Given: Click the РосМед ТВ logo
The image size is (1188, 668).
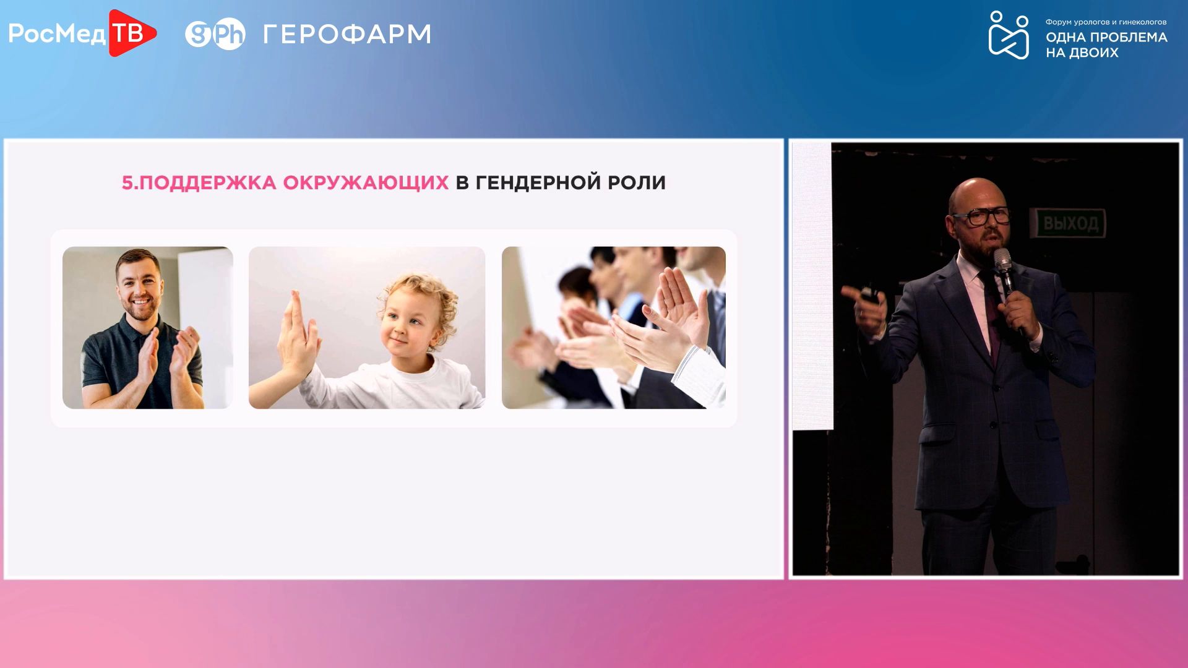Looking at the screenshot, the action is [82, 33].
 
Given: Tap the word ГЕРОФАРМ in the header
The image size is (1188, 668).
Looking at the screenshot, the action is [347, 34].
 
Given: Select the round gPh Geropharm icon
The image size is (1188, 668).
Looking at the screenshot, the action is [215, 34].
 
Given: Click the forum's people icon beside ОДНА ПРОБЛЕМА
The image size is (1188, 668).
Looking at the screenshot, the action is [1009, 35].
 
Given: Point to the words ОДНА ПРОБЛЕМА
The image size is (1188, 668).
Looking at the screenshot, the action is [1106, 37].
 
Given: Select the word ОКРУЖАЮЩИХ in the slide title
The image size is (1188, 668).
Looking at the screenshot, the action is [366, 182].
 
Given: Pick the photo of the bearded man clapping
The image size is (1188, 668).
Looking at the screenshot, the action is [148, 328].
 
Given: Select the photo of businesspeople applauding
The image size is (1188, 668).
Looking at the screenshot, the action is [614, 328].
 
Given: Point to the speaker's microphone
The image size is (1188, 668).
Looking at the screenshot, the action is [1006, 278].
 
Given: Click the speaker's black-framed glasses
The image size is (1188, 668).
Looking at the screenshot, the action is [982, 216].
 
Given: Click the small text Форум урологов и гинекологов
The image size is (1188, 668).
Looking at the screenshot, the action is [1106, 22].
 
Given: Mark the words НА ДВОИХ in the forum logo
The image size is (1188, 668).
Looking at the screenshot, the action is [1082, 53].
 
